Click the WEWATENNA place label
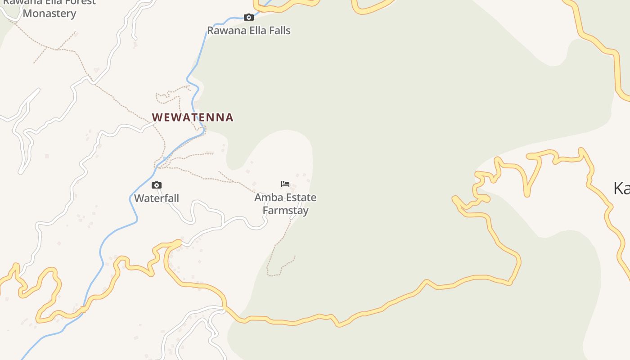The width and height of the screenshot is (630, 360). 193,117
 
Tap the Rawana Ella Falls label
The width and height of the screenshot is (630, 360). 249,31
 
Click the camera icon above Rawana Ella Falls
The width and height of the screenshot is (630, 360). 248,18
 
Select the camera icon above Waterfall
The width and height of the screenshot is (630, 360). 157,185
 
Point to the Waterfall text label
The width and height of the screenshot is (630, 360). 157,198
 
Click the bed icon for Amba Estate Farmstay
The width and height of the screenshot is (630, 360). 285,184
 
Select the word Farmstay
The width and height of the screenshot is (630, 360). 286,211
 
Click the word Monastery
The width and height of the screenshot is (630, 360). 49,13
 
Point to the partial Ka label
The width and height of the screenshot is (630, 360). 621,188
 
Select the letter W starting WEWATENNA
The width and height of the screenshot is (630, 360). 157,117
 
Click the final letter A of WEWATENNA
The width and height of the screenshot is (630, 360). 229,117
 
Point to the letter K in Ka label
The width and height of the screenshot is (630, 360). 618,188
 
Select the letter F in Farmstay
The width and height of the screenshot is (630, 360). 265,211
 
